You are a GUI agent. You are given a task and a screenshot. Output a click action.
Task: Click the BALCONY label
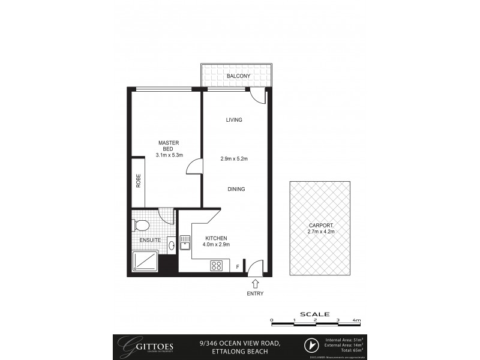(238, 76)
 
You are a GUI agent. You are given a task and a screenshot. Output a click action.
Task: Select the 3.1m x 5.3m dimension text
(169, 155)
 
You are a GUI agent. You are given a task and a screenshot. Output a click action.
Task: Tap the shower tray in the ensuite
(144, 261)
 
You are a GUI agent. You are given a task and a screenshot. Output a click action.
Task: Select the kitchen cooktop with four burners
(217, 266)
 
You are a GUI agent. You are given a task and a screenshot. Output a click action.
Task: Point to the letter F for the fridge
(238, 266)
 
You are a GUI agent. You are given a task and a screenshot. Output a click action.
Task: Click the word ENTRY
(256, 293)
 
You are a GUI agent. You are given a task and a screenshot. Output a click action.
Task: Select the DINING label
(236, 189)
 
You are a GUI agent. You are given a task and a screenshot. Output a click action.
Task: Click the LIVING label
(234, 120)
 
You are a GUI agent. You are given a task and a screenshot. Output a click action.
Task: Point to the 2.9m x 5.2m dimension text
(234, 158)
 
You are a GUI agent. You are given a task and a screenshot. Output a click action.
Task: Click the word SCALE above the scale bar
(314, 313)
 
